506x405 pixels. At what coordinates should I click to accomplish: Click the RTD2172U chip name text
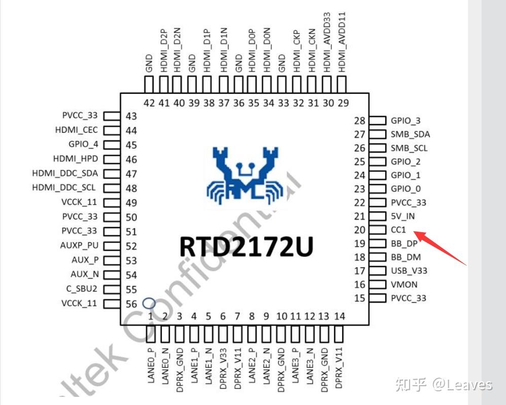pyautogui.click(x=246, y=246)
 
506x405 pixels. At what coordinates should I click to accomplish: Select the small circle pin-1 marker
pyautogui.click(x=148, y=303)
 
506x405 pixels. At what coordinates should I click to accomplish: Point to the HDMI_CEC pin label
pyautogui.click(x=77, y=130)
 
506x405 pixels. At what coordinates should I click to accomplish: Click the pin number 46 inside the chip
pyautogui.click(x=131, y=160)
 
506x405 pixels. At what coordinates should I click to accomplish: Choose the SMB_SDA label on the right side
pyautogui.click(x=410, y=134)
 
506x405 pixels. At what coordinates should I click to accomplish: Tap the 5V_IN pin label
pyautogui.click(x=403, y=216)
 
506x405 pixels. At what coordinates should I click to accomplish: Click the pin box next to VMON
pyautogui.click(x=378, y=284)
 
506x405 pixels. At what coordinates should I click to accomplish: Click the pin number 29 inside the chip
pyautogui.click(x=343, y=103)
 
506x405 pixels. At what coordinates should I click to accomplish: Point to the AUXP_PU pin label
pyautogui.click(x=79, y=246)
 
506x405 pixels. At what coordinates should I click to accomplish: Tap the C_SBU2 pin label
pyautogui.click(x=82, y=289)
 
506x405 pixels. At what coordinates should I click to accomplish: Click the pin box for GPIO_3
pyautogui.click(x=378, y=121)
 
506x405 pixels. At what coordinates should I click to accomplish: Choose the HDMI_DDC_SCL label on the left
pyautogui.click(x=64, y=188)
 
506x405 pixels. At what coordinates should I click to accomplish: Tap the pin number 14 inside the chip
pyautogui.click(x=340, y=316)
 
